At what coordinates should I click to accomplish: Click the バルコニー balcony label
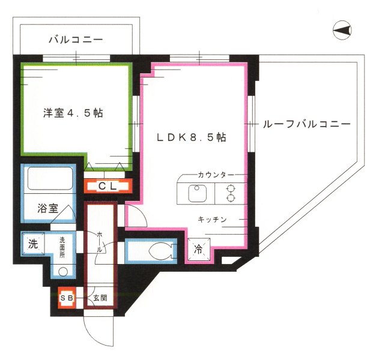pos(76,40)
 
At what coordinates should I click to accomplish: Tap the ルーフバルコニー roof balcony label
pos(306,125)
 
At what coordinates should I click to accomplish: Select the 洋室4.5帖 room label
pos(73,112)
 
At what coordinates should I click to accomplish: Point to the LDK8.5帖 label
pos(191,137)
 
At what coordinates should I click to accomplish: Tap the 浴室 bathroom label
pos(48,209)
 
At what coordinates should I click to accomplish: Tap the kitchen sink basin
pos(197,194)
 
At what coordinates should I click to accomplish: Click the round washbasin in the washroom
pos(63,269)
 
